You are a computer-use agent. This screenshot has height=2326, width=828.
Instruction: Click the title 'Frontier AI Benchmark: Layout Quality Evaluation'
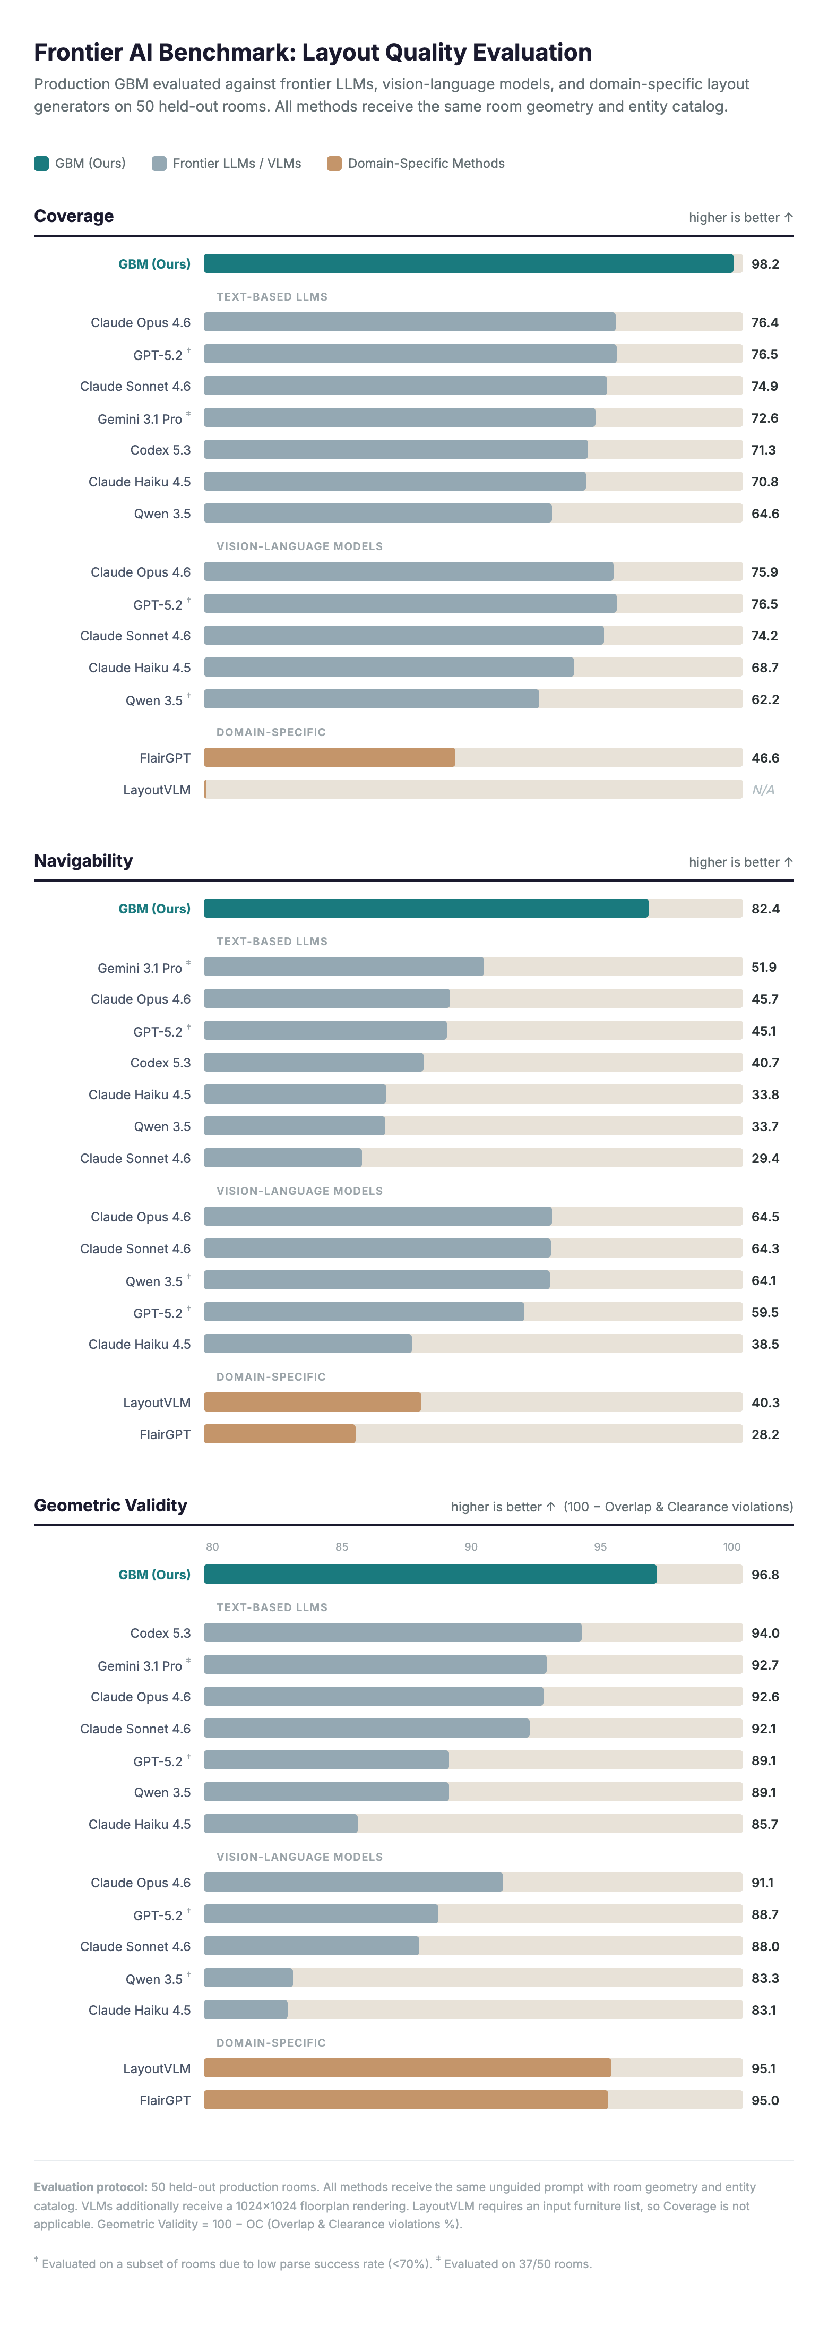coord(313,53)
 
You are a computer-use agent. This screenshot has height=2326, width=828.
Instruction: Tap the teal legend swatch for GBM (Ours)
coord(41,164)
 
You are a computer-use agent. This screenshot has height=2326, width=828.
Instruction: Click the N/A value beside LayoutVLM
coord(763,790)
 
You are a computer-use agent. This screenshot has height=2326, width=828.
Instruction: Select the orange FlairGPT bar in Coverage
coord(330,758)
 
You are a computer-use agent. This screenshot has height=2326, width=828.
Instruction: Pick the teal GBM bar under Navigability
coord(425,909)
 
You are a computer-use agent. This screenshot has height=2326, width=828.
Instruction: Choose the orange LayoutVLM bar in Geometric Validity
coord(407,2068)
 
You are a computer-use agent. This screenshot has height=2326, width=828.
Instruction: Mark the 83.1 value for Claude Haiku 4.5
coord(763,2010)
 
